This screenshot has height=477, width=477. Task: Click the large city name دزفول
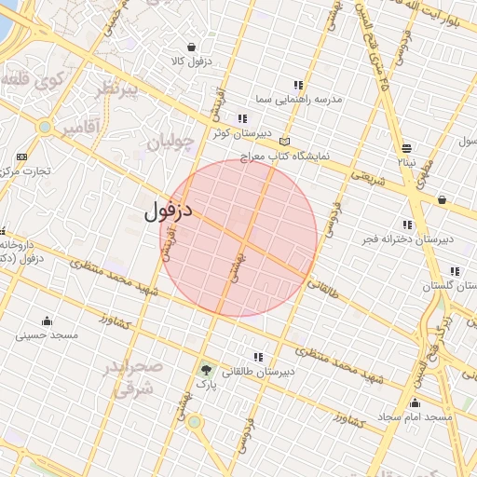click(168, 211)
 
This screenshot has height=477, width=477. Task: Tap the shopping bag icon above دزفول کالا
click(191, 47)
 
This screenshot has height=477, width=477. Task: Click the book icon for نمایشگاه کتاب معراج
click(284, 142)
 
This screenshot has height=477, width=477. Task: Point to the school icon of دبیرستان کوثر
click(242, 118)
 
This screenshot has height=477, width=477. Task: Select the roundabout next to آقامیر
click(44, 127)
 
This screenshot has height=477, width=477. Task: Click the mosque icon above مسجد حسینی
click(46, 320)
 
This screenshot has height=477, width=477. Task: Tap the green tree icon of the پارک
click(205, 370)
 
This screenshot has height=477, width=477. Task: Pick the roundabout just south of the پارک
click(194, 422)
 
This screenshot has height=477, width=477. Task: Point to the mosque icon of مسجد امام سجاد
click(415, 402)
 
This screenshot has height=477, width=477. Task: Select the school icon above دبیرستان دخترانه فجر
click(407, 225)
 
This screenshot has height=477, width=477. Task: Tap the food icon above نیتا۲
click(407, 148)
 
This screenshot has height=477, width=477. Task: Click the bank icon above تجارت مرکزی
click(21, 157)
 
